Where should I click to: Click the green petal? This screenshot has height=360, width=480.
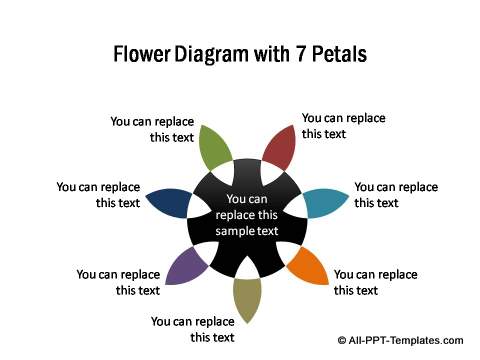[213, 148]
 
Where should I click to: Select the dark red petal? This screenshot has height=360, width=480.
[280, 148]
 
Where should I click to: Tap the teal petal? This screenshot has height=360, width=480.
[324, 203]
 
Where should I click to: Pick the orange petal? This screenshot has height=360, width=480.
[308, 265]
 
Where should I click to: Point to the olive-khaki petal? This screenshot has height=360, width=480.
[247, 298]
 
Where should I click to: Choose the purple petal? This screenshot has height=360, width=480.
[186, 266]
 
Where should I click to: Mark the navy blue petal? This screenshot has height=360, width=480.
[170, 203]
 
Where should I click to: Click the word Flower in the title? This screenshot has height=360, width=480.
[142, 54]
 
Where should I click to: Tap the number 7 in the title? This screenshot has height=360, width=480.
[300, 54]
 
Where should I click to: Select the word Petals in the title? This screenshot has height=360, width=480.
[340, 54]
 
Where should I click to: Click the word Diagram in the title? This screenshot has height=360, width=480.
[212, 55]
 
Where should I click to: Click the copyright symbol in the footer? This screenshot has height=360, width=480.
[342, 340]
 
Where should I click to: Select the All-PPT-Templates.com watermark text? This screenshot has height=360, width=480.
[406, 340]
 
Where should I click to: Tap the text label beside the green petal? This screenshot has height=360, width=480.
[152, 129]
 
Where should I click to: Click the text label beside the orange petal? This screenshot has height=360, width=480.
[376, 282]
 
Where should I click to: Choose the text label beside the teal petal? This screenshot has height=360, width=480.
[396, 195]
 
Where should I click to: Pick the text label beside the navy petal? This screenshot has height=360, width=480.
[98, 195]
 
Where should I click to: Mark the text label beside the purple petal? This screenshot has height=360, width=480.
[118, 282]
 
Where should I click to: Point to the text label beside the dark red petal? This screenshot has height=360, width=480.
[344, 126]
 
